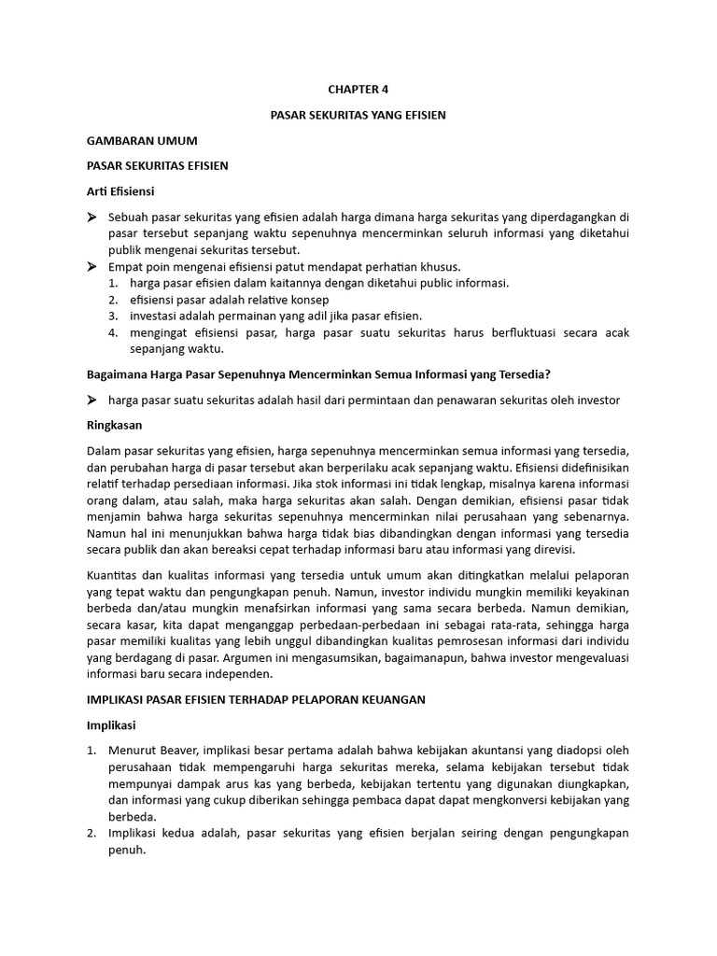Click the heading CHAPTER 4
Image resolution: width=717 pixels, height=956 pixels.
(358, 90)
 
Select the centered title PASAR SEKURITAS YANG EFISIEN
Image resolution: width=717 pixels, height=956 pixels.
(358, 115)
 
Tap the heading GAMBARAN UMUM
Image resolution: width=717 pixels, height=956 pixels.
(142, 140)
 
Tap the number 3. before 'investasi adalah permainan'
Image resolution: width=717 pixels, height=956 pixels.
(112, 316)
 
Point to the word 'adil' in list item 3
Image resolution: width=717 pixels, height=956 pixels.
(299, 316)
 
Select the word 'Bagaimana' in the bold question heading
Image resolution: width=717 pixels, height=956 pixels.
(118, 374)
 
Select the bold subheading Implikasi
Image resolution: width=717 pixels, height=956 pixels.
(111, 724)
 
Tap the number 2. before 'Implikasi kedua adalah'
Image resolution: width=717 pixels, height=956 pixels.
(91, 834)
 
